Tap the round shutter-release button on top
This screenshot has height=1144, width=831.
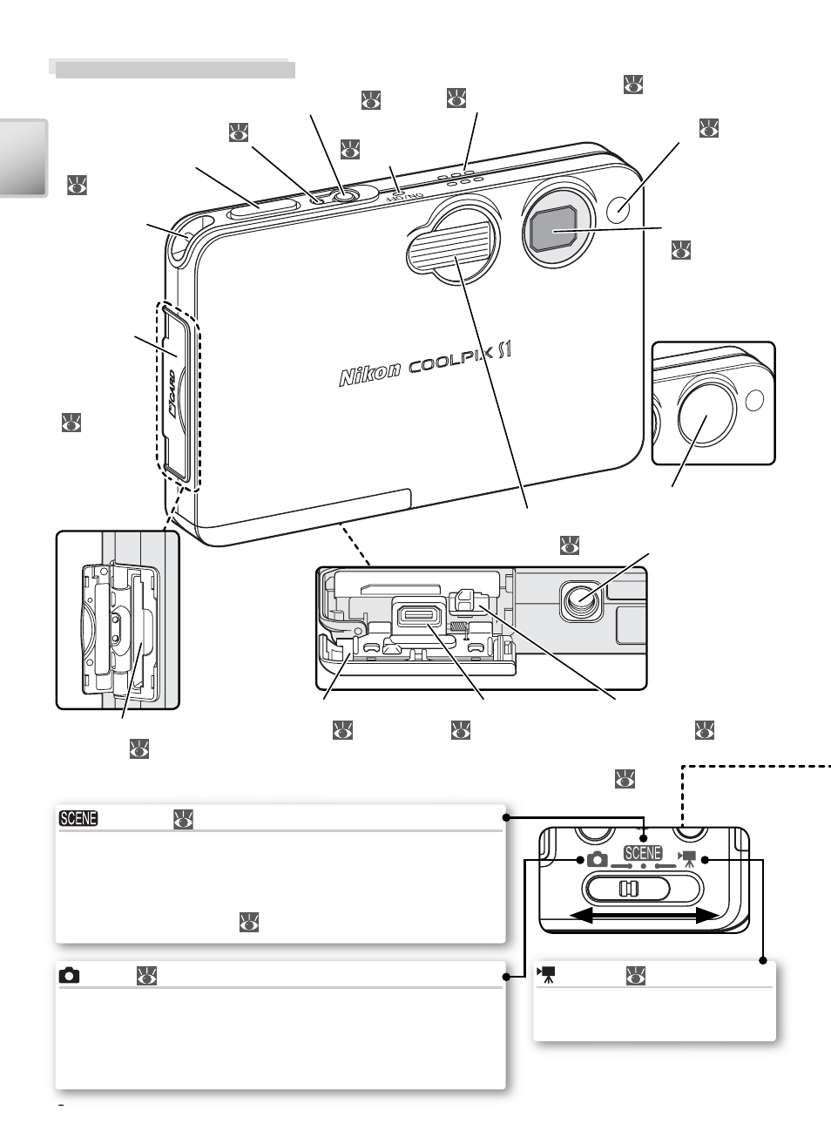tap(346, 196)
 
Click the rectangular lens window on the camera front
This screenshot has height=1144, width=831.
tap(553, 228)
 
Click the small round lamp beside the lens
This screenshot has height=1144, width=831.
tap(618, 208)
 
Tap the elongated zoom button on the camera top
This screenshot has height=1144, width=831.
tap(263, 209)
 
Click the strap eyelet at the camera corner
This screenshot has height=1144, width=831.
tap(183, 240)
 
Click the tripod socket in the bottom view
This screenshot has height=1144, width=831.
tap(581, 601)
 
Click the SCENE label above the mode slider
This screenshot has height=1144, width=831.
tap(643, 853)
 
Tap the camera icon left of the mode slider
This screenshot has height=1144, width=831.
tap(598, 859)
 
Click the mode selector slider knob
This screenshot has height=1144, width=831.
tap(628, 889)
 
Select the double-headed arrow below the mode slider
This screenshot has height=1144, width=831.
tap(645, 917)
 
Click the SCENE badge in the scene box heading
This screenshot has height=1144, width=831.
tap(78, 818)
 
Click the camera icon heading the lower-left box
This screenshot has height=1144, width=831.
tap(69, 976)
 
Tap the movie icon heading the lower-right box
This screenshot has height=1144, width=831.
tap(545, 974)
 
